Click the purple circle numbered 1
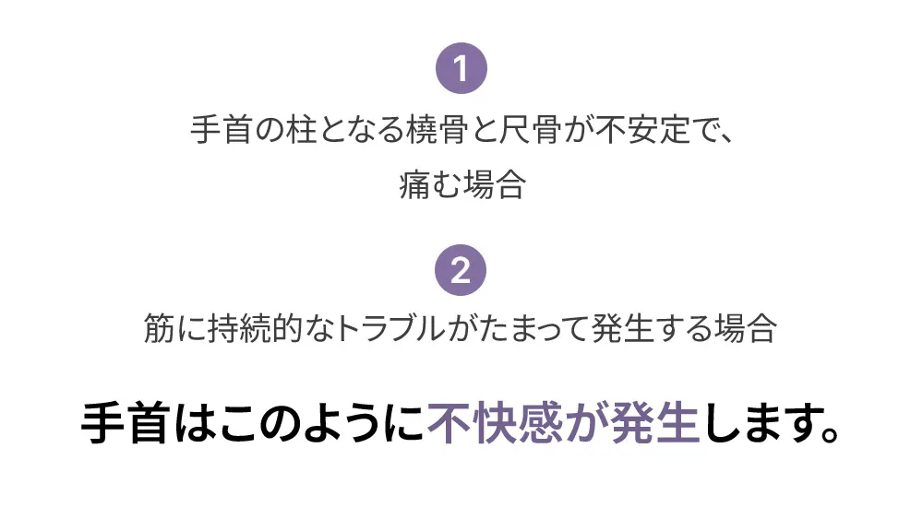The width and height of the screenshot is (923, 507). tap(461, 69)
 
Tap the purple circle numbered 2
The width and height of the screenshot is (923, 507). tap(461, 271)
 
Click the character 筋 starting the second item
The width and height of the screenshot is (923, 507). tap(160, 329)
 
